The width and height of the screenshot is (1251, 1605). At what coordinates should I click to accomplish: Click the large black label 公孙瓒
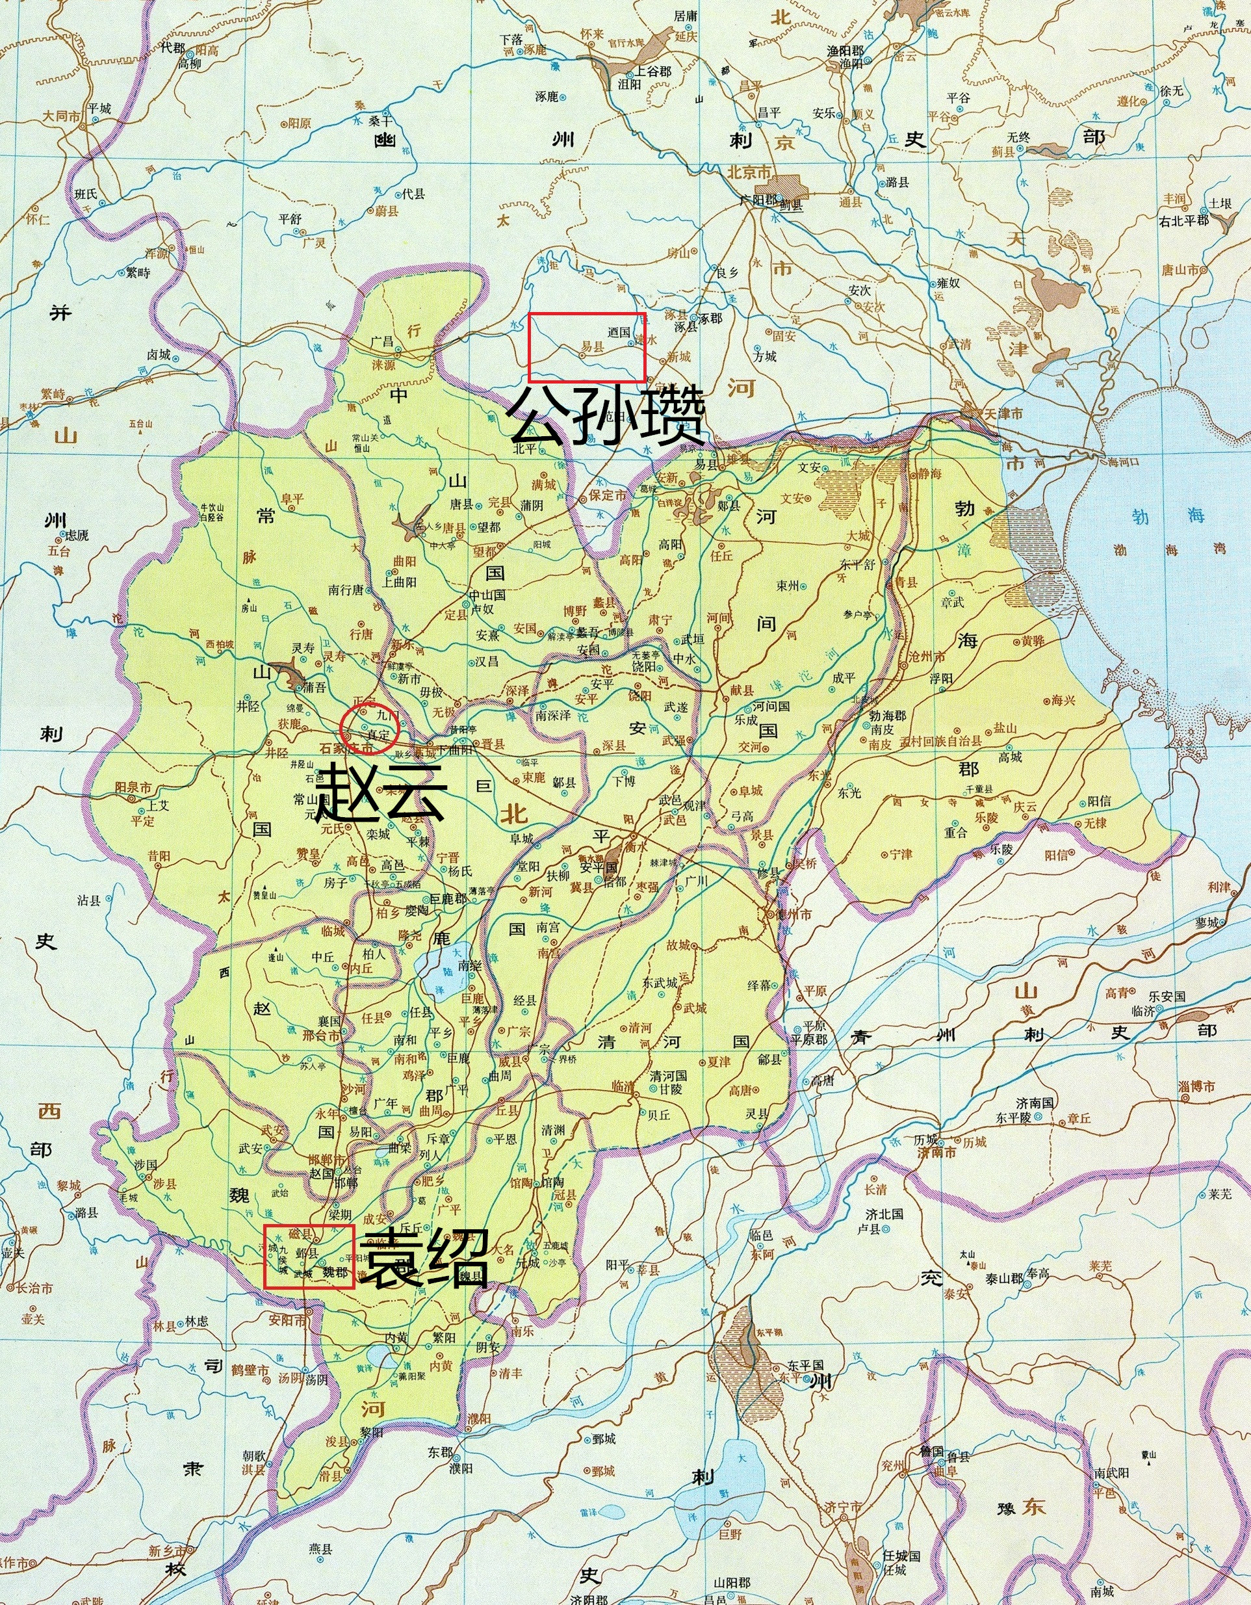[607, 417]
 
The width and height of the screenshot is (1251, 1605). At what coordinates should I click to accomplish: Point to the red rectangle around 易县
[587, 347]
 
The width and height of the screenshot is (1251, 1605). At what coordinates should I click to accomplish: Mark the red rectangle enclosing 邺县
[309, 1256]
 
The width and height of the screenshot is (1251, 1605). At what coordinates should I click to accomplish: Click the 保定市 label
[606, 495]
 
